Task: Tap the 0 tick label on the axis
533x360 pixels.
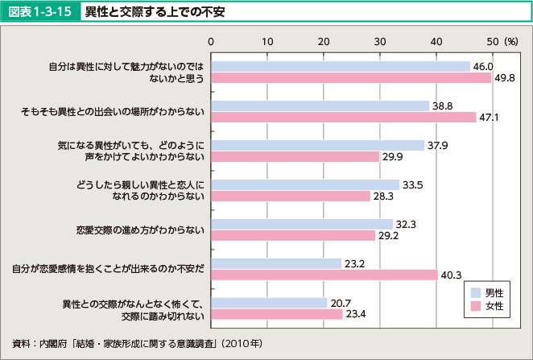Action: point(211,40)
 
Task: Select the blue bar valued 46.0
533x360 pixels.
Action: point(340,66)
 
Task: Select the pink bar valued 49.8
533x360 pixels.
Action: point(351,78)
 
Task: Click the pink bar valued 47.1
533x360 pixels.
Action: point(343,118)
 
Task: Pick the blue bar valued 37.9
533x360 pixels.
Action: point(317,145)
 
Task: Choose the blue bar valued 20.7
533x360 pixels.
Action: point(269,303)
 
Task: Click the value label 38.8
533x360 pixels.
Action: point(442,106)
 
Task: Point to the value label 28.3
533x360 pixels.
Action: point(382,197)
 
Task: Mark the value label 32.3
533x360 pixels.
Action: point(405,224)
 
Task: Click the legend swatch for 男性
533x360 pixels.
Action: point(476,292)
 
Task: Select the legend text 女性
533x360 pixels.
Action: point(495,306)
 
